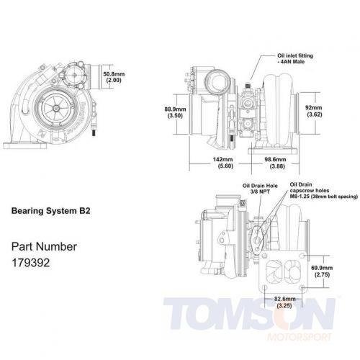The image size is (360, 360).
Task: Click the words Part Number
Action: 45,245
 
